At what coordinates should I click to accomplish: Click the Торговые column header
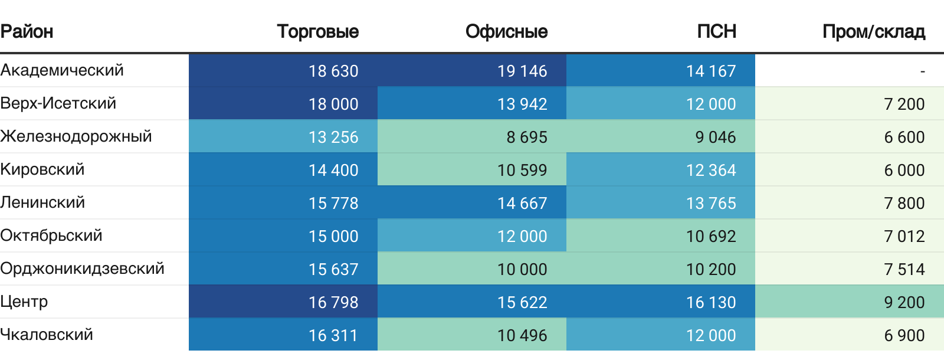[x=317, y=31]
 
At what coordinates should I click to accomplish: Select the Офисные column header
[x=506, y=31]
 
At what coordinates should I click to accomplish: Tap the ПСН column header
[x=716, y=31]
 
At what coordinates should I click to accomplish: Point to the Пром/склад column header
[x=873, y=31]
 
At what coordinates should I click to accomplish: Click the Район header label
[x=27, y=31]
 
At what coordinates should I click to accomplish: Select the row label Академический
[x=62, y=70]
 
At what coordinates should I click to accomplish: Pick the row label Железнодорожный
[x=76, y=136]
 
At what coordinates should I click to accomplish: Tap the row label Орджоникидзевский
[x=82, y=269]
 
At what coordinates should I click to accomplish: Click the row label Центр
[x=24, y=302]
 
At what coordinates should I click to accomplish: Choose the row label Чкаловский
[x=47, y=335]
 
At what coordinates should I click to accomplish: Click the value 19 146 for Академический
[x=522, y=71]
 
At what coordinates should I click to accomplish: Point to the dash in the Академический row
[x=922, y=71]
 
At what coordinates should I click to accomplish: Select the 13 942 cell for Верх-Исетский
[x=522, y=104]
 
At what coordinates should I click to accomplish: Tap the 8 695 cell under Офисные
[x=527, y=137]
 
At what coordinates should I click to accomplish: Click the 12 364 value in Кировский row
[x=711, y=170]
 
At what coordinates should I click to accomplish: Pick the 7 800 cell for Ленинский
[x=904, y=203]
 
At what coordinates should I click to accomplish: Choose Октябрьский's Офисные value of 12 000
[x=522, y=236]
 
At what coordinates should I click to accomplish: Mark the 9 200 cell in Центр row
[x=904, y=302]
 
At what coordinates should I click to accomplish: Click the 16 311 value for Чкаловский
[x=333, y=335]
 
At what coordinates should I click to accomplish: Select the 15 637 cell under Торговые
[x=333, y=269]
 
